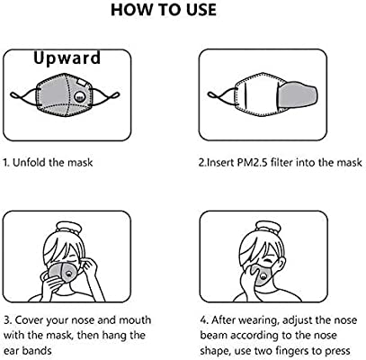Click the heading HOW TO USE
coord(164,10)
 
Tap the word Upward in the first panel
coord(67,58)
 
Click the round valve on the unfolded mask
coord(79,96)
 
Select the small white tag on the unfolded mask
coord(81,82)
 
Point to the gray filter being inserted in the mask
coord(298,94)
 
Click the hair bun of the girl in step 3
coord(69,228)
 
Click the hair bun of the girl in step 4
coord(265,228)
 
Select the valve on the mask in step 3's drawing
coord(69,274)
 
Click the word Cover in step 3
coord(28,319)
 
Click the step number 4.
coord(204,320)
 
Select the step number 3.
coord(8,319)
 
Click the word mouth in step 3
coord(135,319)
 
